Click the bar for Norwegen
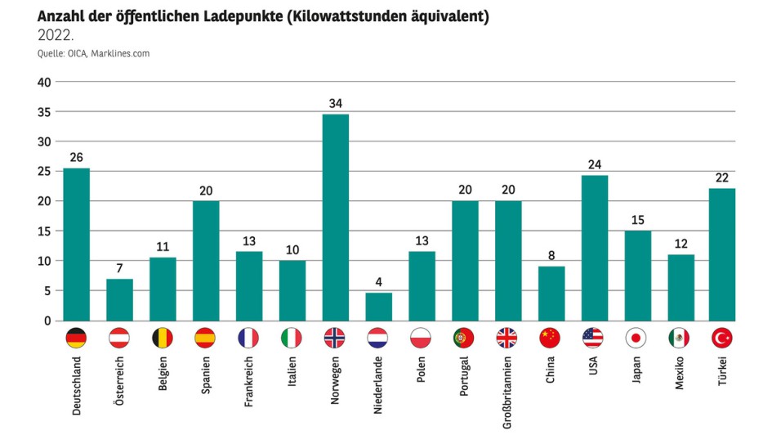[335, 217]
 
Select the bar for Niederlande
[378, 307]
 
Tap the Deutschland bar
[76, 244]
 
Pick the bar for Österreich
[119, 299]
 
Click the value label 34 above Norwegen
[335, 103]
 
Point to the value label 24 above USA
[594, 164]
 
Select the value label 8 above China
[551, 255]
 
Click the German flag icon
[76, 339]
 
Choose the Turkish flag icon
[722, 339]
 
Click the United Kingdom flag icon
[507, 339]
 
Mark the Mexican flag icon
[680, 339]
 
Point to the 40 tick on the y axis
[44, 82]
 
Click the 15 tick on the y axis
[44, 231]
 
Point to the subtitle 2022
[56, 34]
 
